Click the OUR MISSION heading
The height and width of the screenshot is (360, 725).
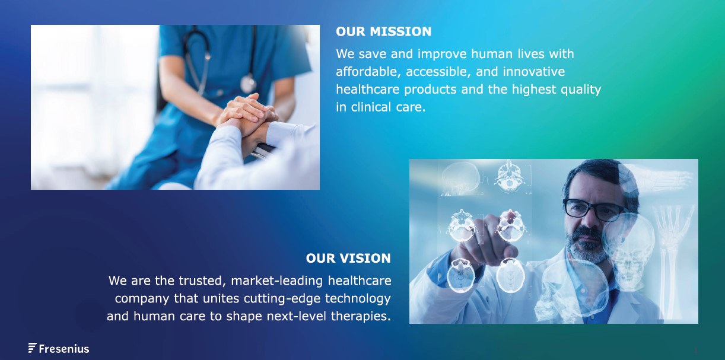point(383,31)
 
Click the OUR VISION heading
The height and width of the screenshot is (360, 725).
point(348,259)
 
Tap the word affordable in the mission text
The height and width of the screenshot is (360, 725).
point(368,72)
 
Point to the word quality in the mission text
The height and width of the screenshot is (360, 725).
point(581,90)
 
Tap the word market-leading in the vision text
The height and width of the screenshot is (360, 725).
point(276,281)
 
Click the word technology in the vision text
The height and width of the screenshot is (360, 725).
point(358,299)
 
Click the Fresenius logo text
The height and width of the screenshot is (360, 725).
point(64,349)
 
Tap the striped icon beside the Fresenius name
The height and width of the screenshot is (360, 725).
point(32,348)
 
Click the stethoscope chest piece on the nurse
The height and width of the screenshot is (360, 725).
point(248,83)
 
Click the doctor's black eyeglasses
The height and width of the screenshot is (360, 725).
point(593,209)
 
